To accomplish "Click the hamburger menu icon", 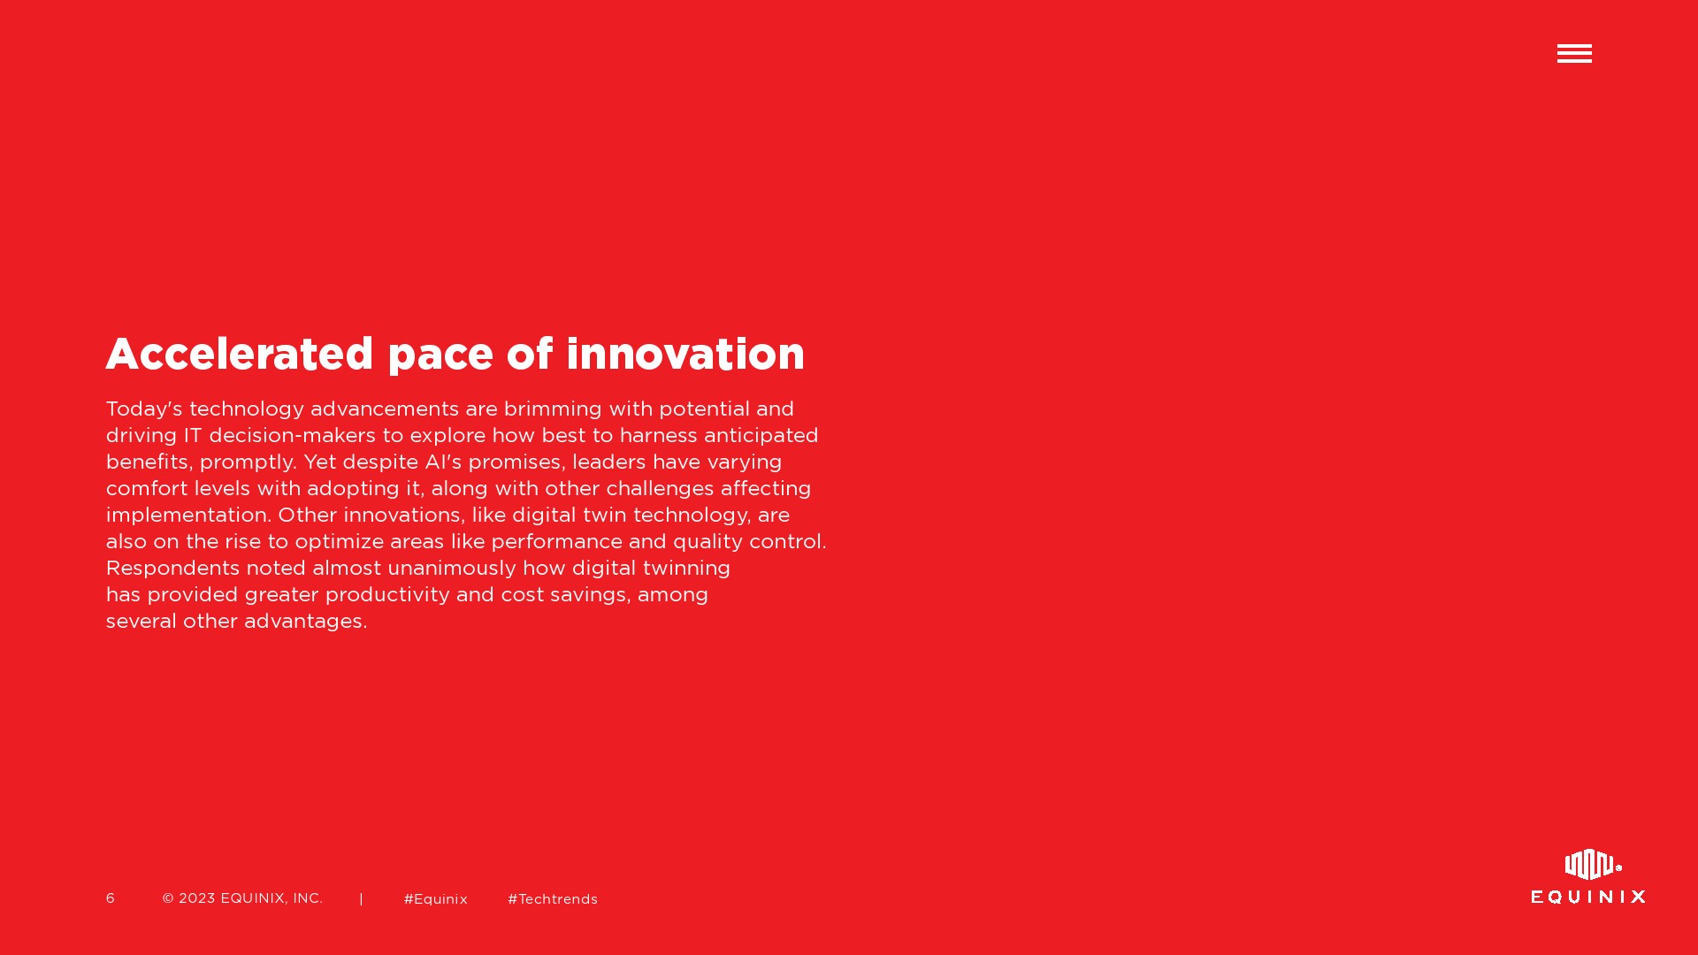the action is point(1574,54).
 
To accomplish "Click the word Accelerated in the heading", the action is point(240,354).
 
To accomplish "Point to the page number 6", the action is point(111,898).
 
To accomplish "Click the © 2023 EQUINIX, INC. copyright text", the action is point(242,898).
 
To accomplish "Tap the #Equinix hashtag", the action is point(436,899).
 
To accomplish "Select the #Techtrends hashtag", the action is point(553,899).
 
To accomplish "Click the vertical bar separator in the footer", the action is point(361,899).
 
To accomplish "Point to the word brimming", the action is point(553,409).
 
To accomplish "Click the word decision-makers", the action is point(292,435).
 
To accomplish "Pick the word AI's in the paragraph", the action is point(443,462).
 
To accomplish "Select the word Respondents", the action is point(172,569).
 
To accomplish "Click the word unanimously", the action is point(451,569).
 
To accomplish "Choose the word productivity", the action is point(387,595).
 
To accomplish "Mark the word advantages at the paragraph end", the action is point(303,622).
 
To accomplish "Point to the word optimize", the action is point(340,542).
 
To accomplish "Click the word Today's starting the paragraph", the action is point(144,409).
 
